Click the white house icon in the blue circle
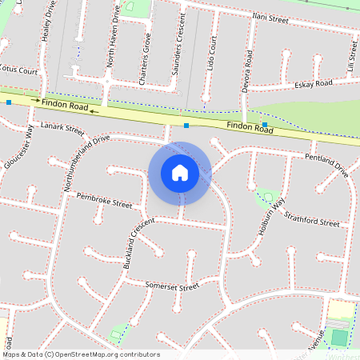coord(180,172)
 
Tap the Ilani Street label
coord(270,18)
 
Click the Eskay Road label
coord(313,83)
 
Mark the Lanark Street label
coord(62,127)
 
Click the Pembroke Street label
coord(104,200)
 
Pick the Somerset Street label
coord(171,286)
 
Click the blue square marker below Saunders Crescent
coord(186,126)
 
